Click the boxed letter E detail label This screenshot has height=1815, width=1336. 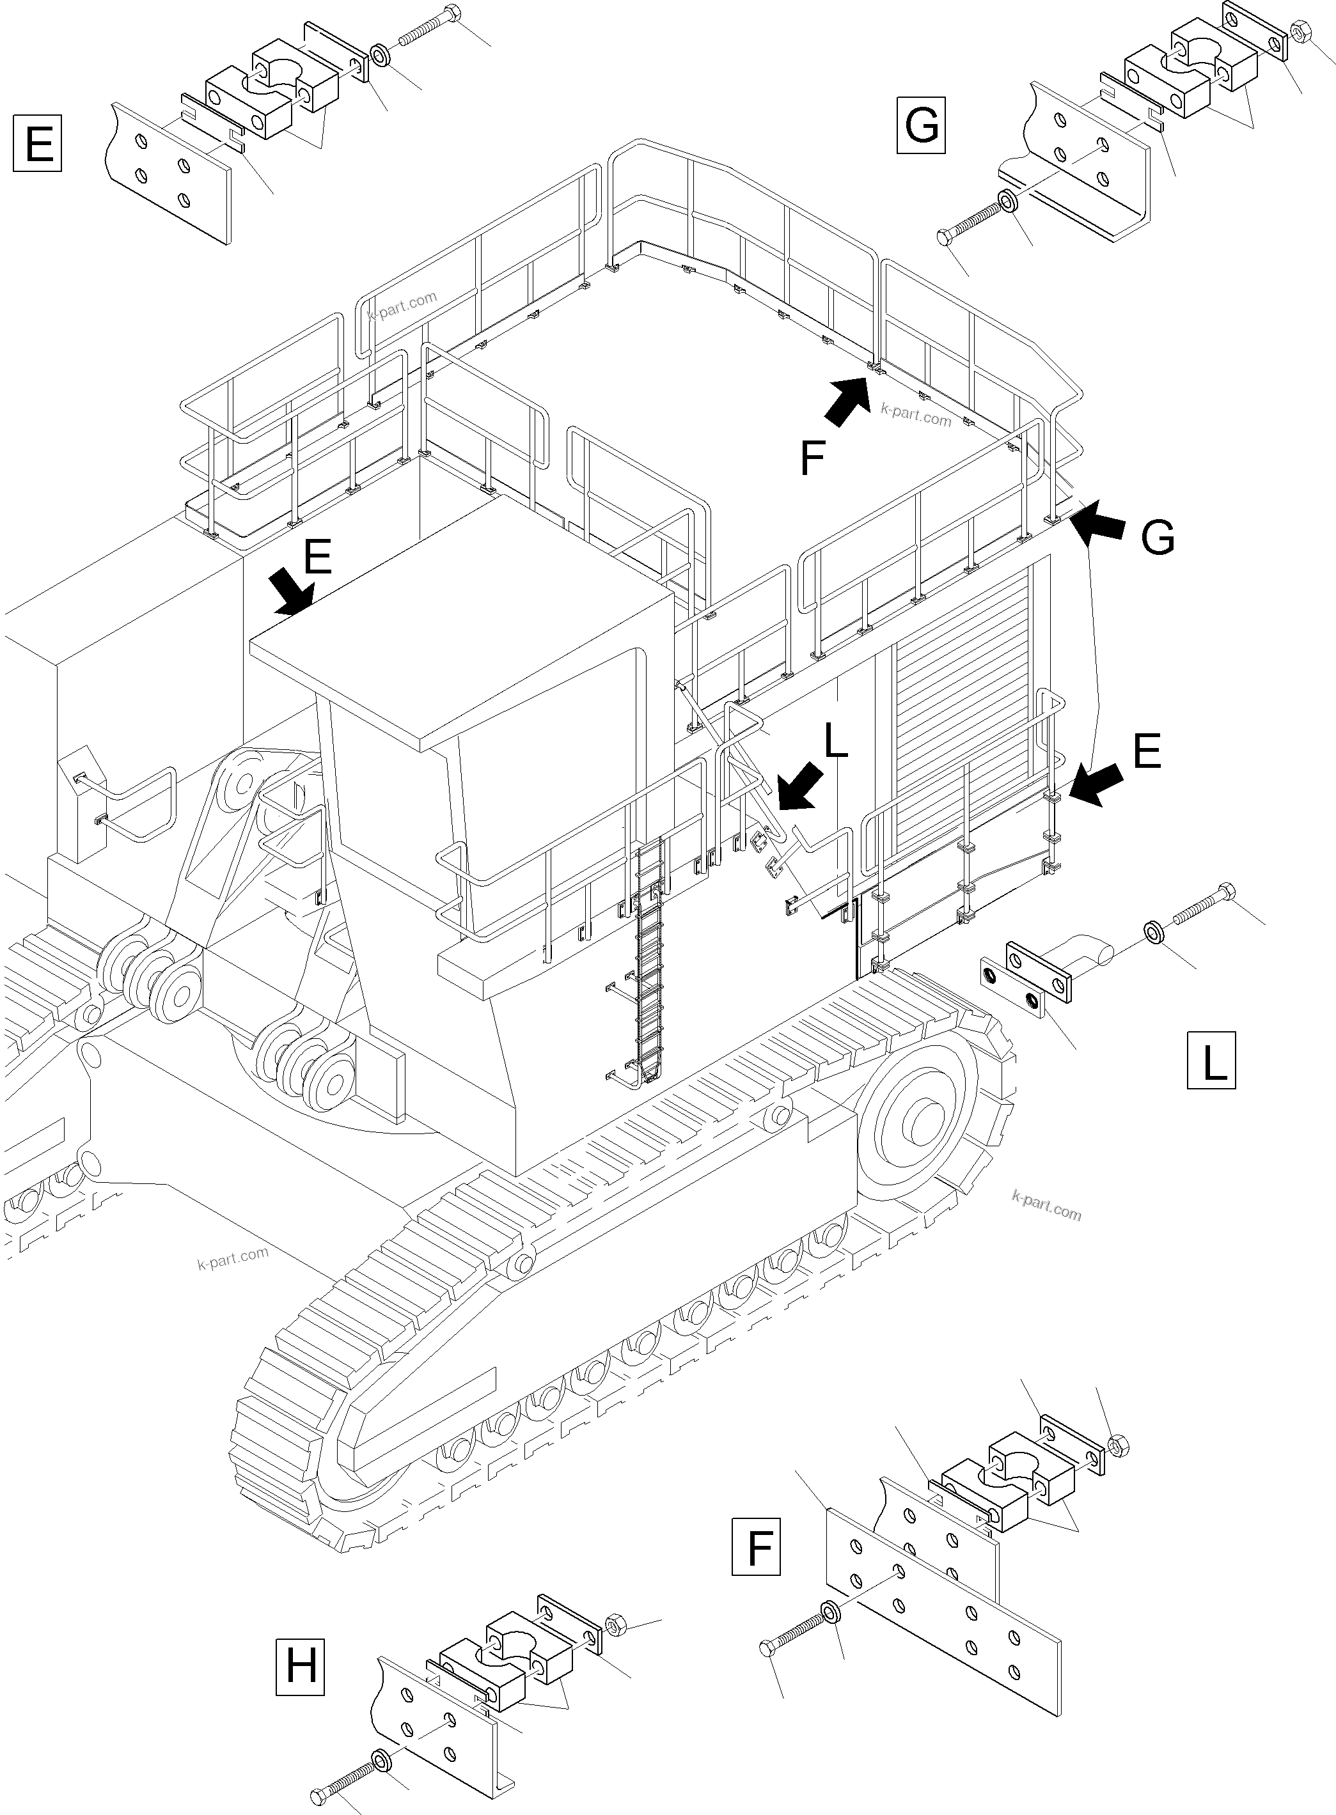[x=38, y=144]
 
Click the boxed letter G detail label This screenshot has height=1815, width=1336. [x=921, y=125]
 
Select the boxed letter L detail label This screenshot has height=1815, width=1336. [x=1211, y=1060]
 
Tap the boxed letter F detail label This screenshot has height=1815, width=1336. [x=755, y=1546]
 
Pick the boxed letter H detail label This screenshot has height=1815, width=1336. [x=300, y=1666]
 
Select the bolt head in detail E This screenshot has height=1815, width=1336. [x=453, y=13]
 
